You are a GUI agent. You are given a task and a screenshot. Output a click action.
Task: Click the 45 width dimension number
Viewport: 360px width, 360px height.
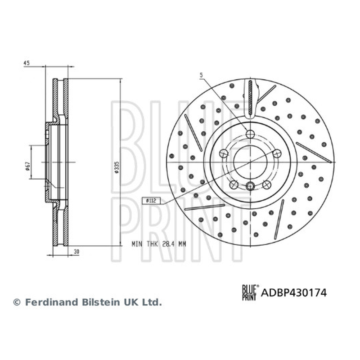27,63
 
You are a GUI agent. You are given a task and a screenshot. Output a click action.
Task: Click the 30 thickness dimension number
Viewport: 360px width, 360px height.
76,252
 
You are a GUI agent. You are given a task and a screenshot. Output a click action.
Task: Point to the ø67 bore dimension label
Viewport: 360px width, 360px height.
27,166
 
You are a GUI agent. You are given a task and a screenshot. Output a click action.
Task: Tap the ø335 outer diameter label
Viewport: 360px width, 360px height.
117,167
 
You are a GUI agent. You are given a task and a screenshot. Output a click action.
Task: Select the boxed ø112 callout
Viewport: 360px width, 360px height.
151,201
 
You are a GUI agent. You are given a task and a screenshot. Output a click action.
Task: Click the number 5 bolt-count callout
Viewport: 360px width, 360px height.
201,75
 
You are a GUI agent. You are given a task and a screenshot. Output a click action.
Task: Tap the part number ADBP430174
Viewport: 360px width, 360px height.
294,293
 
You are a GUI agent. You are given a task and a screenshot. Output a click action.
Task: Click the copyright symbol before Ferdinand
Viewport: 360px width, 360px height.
17,302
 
